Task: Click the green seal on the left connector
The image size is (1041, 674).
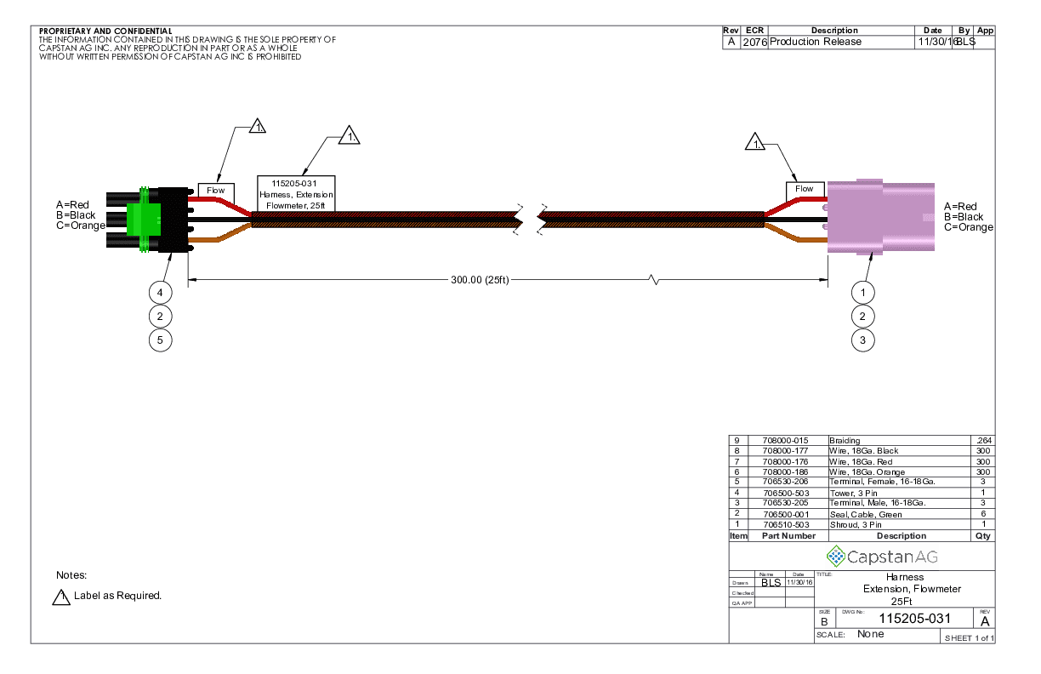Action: (143, 218)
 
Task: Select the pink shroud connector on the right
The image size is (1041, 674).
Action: (879, 218)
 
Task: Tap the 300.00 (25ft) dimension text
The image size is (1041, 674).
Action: (480, 280)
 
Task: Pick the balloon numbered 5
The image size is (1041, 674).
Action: (160, 340)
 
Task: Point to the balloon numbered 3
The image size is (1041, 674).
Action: (863, 340)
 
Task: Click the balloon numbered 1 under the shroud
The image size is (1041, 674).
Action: (863, 293)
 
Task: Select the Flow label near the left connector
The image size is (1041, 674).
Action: (216, 190)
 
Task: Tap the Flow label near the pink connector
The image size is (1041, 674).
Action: (804, 189)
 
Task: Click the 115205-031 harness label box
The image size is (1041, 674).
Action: (296, 193)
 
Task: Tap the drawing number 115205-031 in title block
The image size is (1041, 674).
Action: (914, 619)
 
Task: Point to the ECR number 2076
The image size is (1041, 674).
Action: (754, 42)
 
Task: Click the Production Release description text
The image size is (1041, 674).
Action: (816, 42)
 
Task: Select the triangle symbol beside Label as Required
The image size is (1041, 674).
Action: (61, 597)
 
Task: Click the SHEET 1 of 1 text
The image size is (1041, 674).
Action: (969, 638)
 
